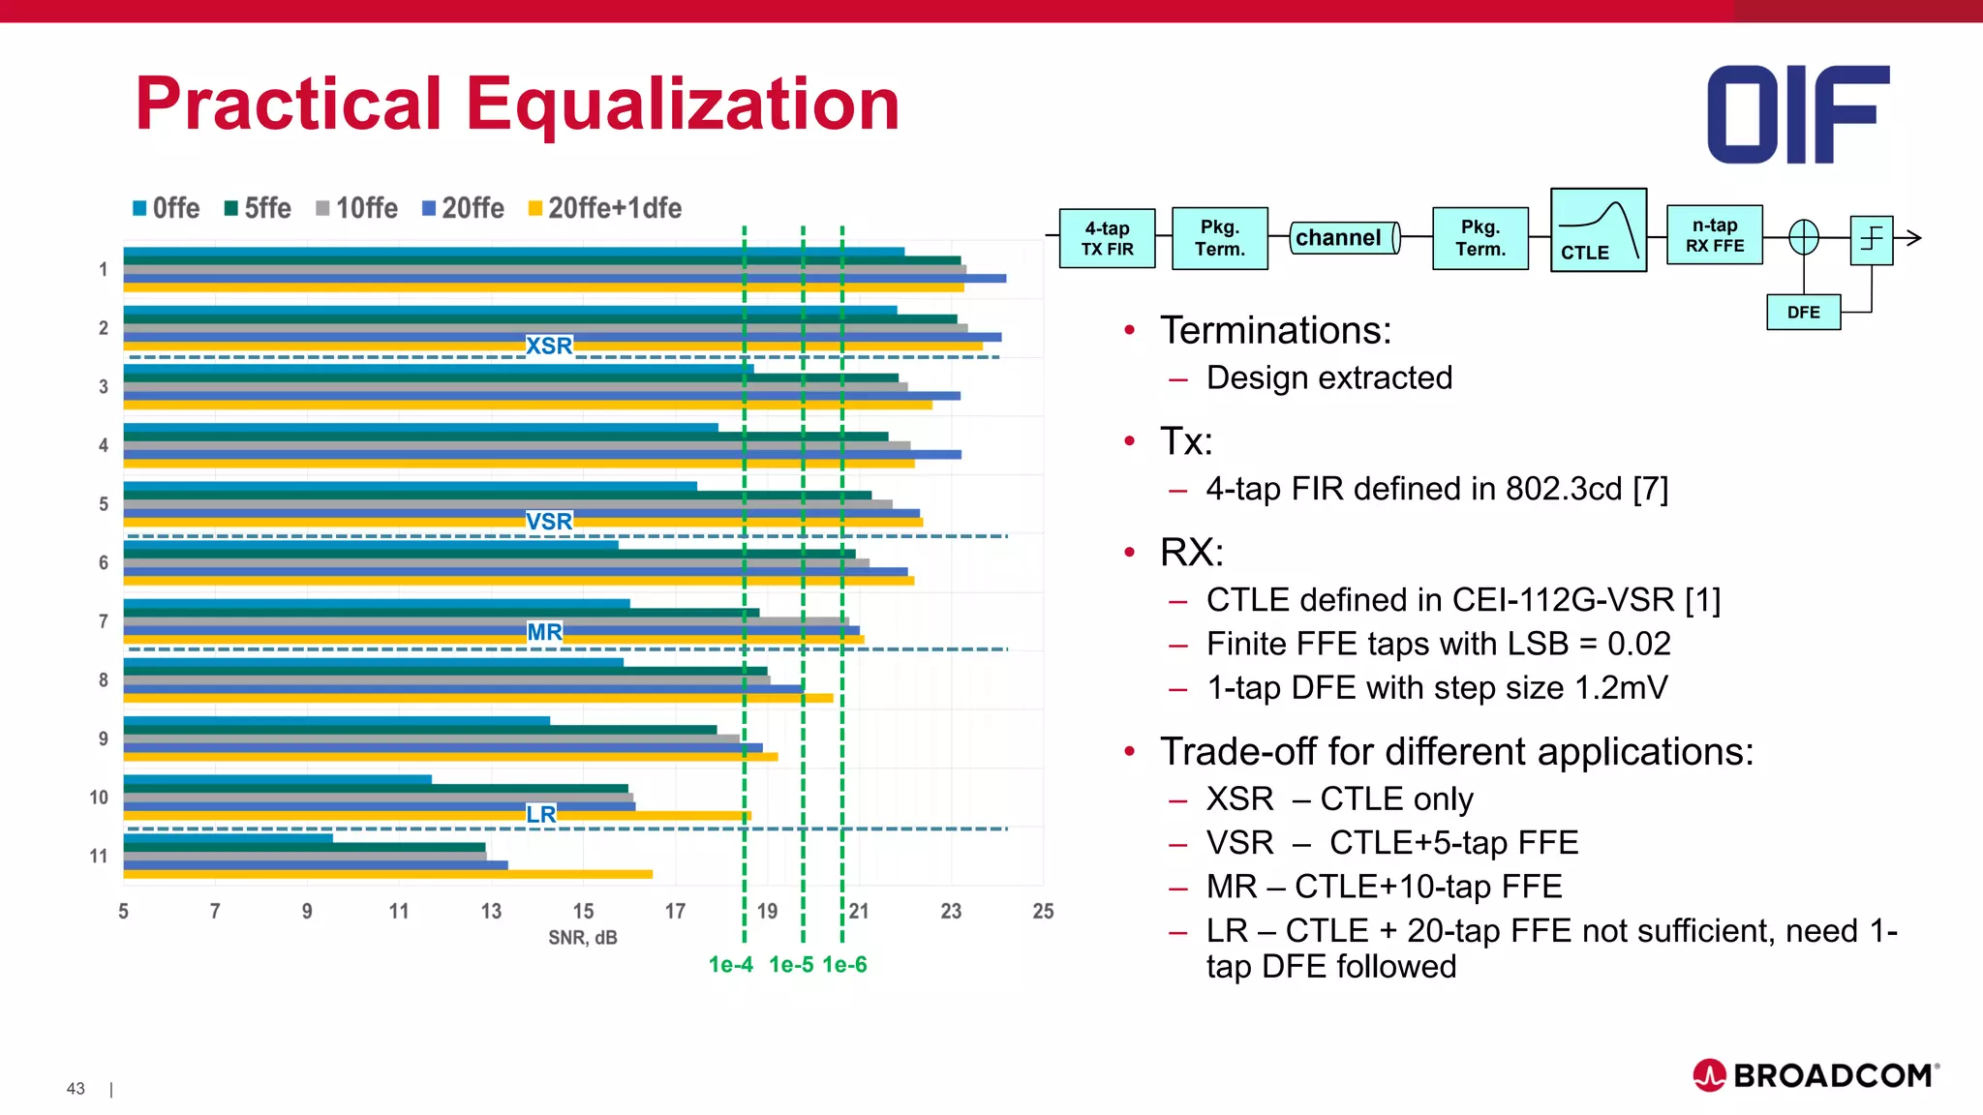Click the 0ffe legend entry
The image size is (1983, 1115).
pyautogui.click(x=167, y=208)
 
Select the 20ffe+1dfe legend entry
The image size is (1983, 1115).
pyautogui.click(x=605, y=208)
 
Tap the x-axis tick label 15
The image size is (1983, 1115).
pyautogui.click(x=583, y=911)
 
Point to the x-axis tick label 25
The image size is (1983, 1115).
pyautogui.click(x=1043, y=911)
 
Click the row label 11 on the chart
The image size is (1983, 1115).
pyautogui.click(x=98, y=856)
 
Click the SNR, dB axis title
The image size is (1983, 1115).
pyautogui.click(x=582, y=938)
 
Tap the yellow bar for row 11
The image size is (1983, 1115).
pyautogui.click(x=387, y=874)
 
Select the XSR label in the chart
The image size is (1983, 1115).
pyautogui.click(x=549, y=346)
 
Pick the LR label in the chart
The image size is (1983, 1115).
pyautogui.click(x=541, y=814)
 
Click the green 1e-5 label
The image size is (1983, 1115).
pyautogui.click(x=790, y=965)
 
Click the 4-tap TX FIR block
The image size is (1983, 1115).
pyautogui.click(x=1107, y=238)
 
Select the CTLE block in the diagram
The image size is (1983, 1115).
pyautogui.click(x=1598, y=230)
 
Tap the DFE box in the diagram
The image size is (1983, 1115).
pyautogui.click(x=1803, y=313)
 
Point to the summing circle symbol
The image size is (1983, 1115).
pyautogui.click(x=1803, y=237)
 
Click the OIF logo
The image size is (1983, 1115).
pyautogui.click(x=1797, y=114)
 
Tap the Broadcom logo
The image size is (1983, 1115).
pyautogui.click(x=1815, y=1075)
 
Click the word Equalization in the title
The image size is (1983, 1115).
pyautogui.click(x=683, y=105)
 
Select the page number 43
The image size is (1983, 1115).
pyautogui.click(x=76, y=1089)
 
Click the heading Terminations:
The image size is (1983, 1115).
pyautogui.click(x=1275, y=331)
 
